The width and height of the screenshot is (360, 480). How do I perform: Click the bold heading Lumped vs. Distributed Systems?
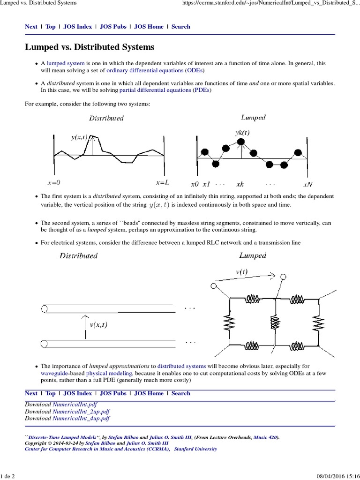pos(89,47)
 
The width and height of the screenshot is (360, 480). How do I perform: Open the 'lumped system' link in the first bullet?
pos(66,63)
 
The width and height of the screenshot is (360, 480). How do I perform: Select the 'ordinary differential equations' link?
pos(145,70)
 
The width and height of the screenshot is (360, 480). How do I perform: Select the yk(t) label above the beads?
pos(242,133)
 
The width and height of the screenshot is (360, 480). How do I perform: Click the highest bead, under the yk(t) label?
pos(240,141)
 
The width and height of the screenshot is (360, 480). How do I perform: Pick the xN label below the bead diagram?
pos(308,184)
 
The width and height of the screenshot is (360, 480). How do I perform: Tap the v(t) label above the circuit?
pos(242,272)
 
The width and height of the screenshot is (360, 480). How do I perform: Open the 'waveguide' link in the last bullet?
pos(55,373)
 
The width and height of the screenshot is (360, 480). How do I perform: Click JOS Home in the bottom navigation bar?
pos(149,393)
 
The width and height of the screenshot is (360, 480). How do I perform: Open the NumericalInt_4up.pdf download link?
pos(81,418)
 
